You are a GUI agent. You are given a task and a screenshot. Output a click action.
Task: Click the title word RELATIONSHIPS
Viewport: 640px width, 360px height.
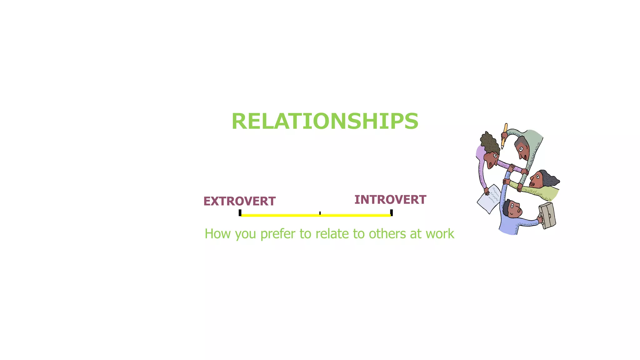[325, 121]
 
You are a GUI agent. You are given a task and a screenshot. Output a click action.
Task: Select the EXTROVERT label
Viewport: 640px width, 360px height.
[239, 201]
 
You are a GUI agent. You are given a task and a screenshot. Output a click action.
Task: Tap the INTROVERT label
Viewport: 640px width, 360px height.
[390, 200]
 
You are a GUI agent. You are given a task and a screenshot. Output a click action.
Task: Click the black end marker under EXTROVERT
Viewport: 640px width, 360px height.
[240, 213]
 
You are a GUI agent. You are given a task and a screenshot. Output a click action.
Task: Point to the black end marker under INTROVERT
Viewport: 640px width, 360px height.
[391, 213]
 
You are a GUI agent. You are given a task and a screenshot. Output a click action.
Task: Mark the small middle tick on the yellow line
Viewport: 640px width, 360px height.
[320, 213]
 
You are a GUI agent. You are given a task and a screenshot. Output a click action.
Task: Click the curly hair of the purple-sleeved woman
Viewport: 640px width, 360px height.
[489, 142]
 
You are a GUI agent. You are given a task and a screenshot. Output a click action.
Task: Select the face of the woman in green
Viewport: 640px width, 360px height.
[537, 180]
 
